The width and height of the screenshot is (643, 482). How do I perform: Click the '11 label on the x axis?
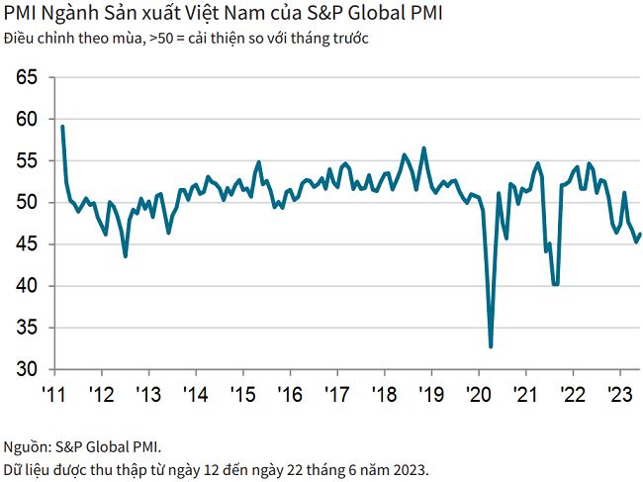click(53, 394)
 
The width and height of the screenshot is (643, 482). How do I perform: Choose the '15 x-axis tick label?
click(242, 394)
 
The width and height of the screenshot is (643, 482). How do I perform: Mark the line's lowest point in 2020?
click(491, 346)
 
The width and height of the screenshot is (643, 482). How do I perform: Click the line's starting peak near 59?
click(62, 127)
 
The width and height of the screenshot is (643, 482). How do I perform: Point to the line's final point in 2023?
click(640, 235)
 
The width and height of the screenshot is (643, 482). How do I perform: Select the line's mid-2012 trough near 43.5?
click(125, 256)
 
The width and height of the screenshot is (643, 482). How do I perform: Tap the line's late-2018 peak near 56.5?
click(424, 148)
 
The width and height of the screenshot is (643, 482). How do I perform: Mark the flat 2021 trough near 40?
click(555, 285)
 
